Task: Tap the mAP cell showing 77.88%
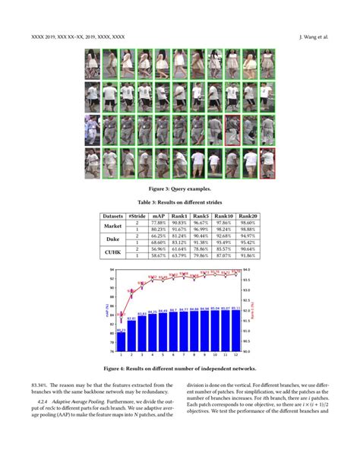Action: click(x=158, y=223)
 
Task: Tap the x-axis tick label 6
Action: click(x=173, y=356)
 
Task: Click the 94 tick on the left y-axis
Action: click(x=111, y=270)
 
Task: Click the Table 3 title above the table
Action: click(x=179, y=203)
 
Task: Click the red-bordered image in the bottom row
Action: click(x=266, y=160)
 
